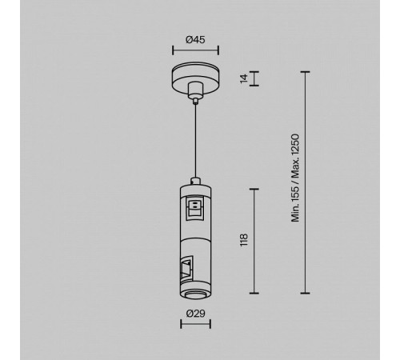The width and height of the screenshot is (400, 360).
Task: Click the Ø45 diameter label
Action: (x=195, y=40)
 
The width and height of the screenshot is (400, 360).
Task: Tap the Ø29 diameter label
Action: (x=195, y=314)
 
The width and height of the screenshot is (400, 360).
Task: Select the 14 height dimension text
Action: (x=244, y=78)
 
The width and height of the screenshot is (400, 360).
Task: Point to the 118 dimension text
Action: (x=244, y=240)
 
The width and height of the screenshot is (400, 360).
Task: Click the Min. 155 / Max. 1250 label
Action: (x=295, y=178)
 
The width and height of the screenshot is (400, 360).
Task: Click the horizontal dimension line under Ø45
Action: (x=195, y=50)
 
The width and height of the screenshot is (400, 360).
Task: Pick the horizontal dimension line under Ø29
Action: (x=195, y=324)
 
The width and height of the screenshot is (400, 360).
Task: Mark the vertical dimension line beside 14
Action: (x=254, y=78)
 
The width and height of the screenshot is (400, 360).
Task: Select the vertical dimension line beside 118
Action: (x=254, y=241)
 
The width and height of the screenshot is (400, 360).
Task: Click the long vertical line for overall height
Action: (x=305, y=182)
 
